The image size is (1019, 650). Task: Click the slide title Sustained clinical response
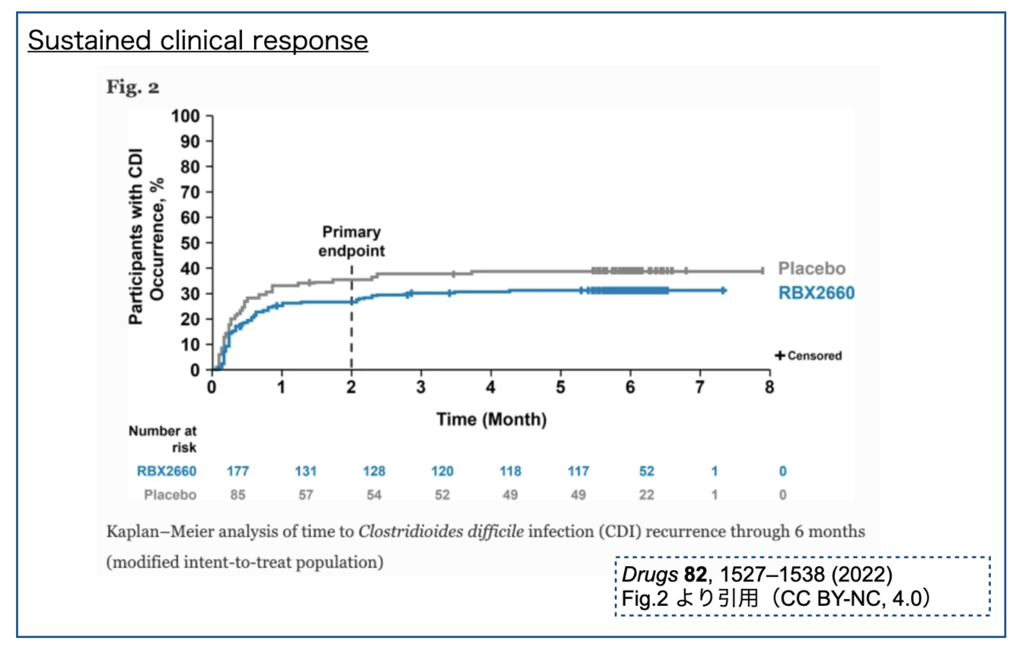[x=198, y=40]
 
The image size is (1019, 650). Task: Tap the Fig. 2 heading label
[x=132, y=87]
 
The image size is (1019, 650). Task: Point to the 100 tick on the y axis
[x=186, y=116]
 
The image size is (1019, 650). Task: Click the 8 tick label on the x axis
[x=769, y=387]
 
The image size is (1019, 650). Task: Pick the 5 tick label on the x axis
[x=560, y=387]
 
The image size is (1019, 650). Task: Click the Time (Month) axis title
[x=492, y=419]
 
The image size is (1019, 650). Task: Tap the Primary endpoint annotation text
[x=352, y=241]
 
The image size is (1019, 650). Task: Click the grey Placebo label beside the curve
[x=812, y=269]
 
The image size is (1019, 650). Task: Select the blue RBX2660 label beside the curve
[x=817, y=293]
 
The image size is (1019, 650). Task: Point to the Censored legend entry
[x=808, y=356]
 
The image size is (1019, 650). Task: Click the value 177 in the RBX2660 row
[x=238, y=471]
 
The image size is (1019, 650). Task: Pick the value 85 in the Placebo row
[x=238, y=495]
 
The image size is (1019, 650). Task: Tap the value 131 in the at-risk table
[x=306, y=471]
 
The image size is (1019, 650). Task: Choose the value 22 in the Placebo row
[x=646, y=495]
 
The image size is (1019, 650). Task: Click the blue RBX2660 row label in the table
[x=166, y=471]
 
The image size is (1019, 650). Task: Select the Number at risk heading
[x=162, y=439]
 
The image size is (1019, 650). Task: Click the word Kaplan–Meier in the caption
[x=160, y=531]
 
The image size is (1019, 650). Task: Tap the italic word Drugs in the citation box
[x=649, y=574]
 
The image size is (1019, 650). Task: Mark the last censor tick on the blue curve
[x=723, y=290]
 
